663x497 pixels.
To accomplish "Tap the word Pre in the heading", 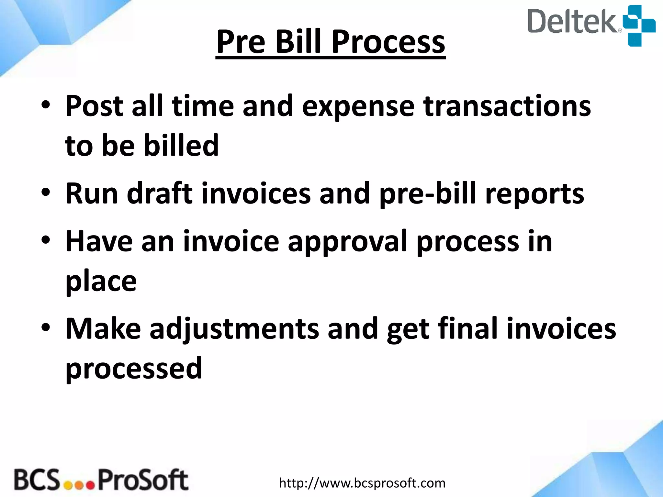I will (241, 42).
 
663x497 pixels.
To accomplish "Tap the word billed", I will (181, 145).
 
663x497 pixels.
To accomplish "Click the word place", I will (101, 282).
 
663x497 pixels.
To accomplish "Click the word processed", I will (134, 369).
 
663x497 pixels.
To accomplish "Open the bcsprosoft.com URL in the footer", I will (362, 483).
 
